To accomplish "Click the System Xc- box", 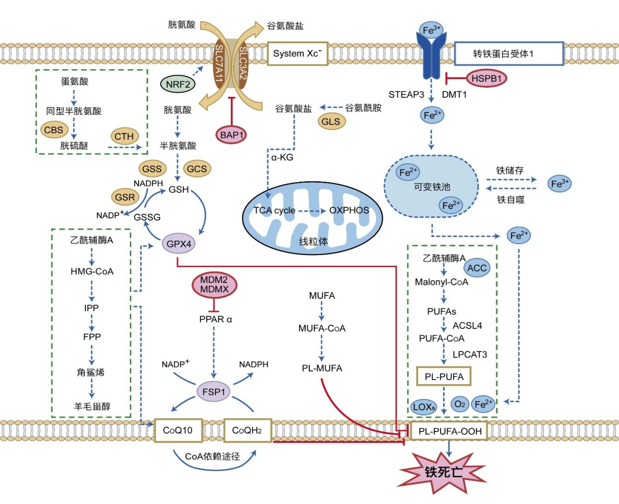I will [297, 54].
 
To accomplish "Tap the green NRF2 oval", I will [178, 85].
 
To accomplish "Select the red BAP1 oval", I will [232, 135].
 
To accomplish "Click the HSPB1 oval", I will [486, 78].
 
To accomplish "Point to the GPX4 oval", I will [179, 244].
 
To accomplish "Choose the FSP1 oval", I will [214, 392].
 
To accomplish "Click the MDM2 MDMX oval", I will [214, 285].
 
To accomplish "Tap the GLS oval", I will [330, 122].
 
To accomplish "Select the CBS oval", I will [54, 130].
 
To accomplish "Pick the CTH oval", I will [124, 136].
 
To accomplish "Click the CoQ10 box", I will [178, 430].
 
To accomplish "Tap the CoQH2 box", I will [247, 430].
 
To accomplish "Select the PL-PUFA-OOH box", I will [450, 431].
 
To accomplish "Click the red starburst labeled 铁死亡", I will [444, 472].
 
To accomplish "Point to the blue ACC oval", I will [477, 268].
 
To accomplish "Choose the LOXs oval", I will [424, 407].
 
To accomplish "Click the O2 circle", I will [459, 405].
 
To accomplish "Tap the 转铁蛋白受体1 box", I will [508, 54].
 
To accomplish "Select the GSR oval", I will [125, 197].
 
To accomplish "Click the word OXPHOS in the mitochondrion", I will [349, 211].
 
